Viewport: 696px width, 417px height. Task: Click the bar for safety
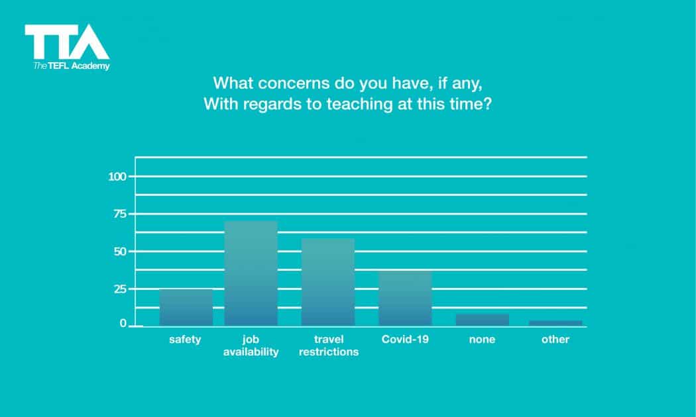(x=186, y=307)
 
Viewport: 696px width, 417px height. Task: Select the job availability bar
(x=251, y=273)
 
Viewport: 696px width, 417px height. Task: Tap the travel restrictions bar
(x=328, y=282)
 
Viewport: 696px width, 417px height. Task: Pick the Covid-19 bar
(x=405, y=298)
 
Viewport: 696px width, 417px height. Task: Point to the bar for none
(x=482, y=320)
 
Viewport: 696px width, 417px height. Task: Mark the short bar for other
(x=555, y=323)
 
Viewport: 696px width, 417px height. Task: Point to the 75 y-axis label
(x=119, y=214)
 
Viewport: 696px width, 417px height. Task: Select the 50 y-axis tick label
(x=119, y=252)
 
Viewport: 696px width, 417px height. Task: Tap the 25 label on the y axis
(x=119, y=289)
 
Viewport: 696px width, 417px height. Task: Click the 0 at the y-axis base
(x=123, y=324)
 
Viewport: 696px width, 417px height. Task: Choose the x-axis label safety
(x=185, y=340)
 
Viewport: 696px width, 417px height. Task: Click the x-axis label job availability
(x=251, y=346)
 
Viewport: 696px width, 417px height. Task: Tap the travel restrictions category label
(x=328, y=346)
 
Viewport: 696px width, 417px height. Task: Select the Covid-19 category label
(x=405, y=340)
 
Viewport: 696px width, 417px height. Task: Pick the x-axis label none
(x=482, y=340)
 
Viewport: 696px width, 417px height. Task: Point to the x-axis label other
(x=555, y=340)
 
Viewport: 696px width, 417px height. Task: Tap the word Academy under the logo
(x=91, y=66)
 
